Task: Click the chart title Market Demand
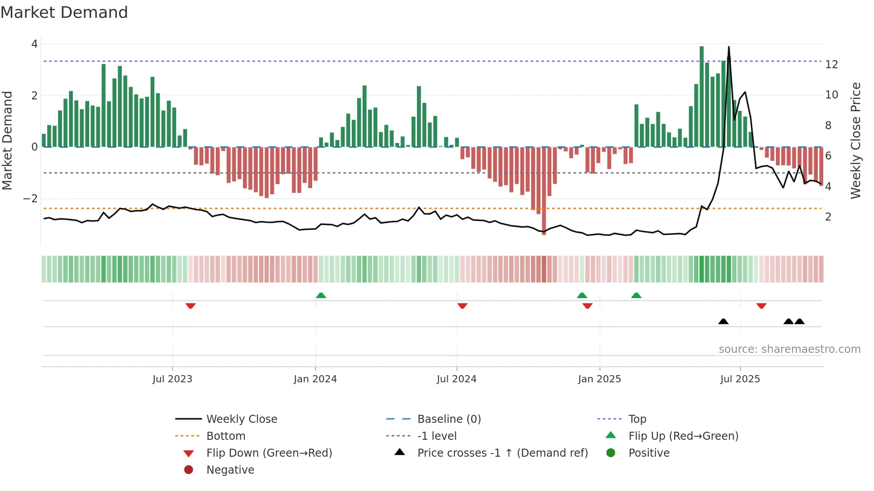64,12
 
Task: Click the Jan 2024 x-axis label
315,379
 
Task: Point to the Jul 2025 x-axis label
740,379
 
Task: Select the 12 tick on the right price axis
832,65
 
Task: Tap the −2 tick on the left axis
31,199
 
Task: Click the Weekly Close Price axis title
855,140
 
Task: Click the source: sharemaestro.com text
789,349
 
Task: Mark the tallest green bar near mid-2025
701,96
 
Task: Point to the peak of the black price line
729,47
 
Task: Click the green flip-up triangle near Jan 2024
321,295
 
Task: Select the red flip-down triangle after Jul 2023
190,306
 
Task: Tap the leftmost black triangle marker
723,321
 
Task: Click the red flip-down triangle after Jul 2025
761,306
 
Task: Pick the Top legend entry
637,419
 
